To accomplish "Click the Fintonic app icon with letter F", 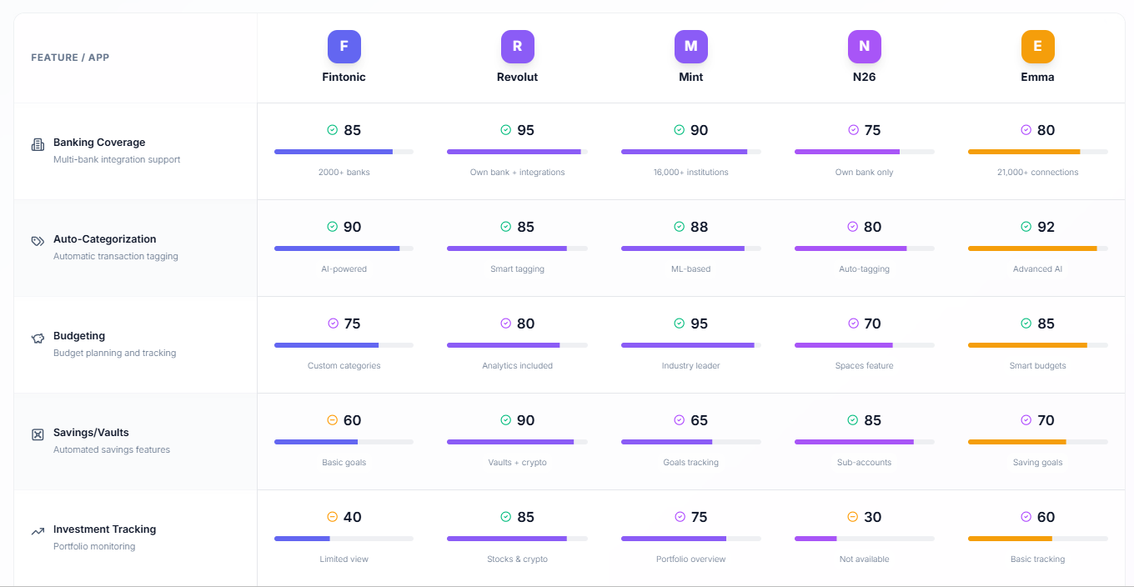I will (x=344, y=47).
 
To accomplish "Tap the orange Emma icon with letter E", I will (x=1037, y=47).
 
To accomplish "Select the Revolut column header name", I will (x=517, y=77).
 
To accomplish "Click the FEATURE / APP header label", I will (x=70, y=58).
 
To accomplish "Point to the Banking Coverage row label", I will (x=99, y=143).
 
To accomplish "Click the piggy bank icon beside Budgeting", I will (x=38, y=339).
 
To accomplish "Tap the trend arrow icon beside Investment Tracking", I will (x=38, y=531).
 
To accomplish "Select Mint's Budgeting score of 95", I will (x=699, y=324).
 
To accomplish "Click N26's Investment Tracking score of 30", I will (x=872, y=517).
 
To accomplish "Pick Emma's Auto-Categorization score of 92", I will (x=1046, y=227).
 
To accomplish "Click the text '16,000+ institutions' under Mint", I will (x=690, y=173).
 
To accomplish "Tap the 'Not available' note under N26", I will (x=864, y=559).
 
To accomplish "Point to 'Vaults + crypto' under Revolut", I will (x=517, y=463).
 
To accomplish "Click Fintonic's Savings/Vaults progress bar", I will (x=344, y=442).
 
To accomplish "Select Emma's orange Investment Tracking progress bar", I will (x=1037, y=539).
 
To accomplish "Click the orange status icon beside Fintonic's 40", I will (x=332, y=517).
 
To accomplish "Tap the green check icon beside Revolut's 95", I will (x=505, y=130).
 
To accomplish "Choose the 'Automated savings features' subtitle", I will (x=112, y=449).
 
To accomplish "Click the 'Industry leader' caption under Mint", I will (x=690, y=366).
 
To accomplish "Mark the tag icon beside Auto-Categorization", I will (x=38, y=241).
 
